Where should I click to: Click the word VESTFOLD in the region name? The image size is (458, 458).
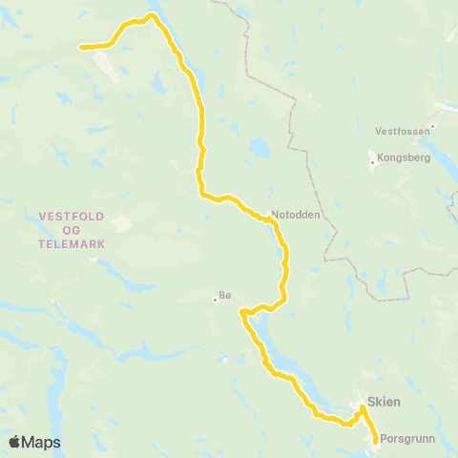(72, 216)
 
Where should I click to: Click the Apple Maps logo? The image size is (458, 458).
(34, 442)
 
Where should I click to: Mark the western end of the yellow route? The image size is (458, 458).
(81, 46)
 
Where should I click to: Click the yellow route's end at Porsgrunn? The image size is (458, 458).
(375, 440)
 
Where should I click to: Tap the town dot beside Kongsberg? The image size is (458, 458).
(372, 163)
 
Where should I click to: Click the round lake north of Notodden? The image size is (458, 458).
(259, 150)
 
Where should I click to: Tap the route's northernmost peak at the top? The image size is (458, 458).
(151, 15)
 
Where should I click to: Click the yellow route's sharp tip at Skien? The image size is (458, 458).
(363, 407)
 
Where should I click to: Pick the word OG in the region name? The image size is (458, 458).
(72, 230)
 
